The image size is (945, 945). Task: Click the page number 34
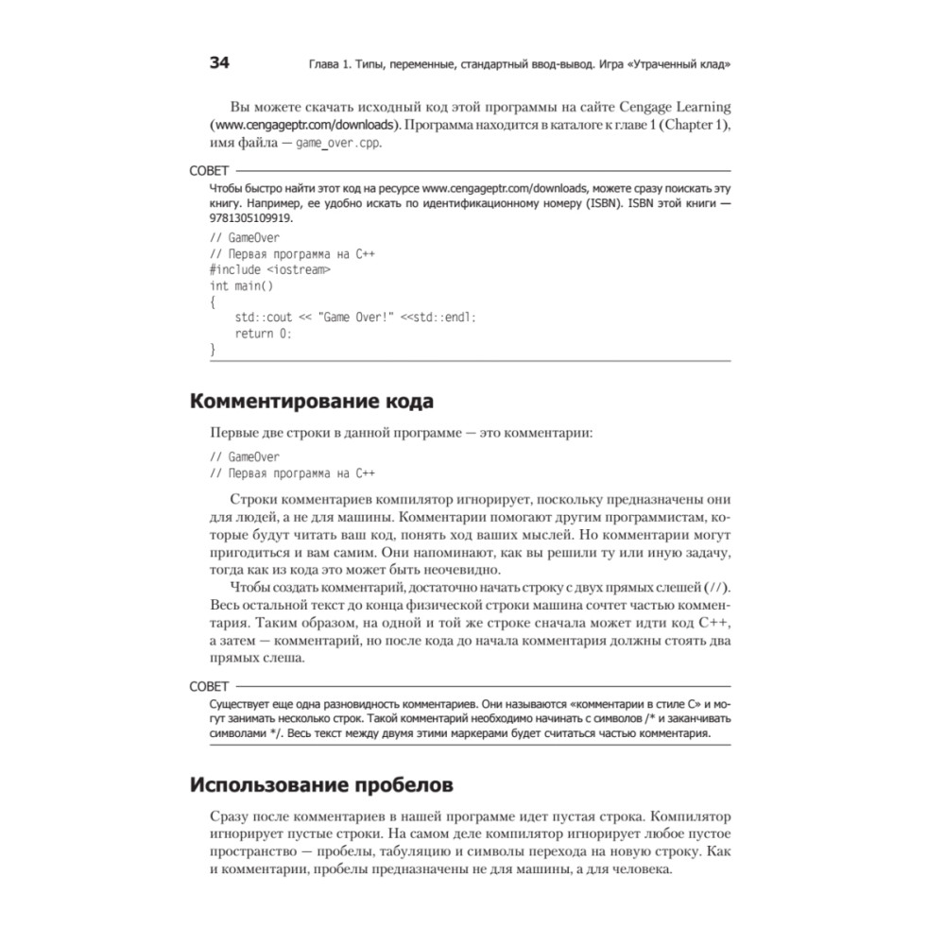218,64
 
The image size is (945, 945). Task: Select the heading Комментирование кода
312,401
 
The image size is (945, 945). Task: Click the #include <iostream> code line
270,269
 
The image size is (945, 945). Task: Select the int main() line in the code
241,285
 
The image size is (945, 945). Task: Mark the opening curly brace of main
213,301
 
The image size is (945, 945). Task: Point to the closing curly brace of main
213,350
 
